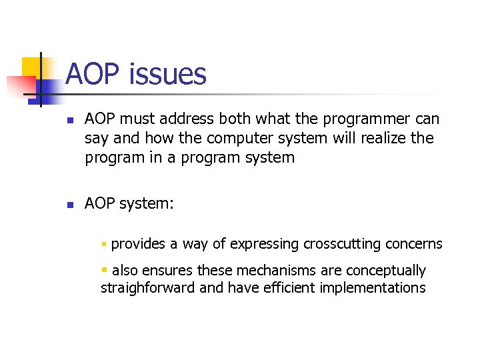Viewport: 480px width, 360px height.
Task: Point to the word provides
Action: [138, 244]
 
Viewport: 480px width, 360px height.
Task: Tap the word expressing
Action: [265, 245]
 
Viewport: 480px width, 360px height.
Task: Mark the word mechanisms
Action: [262, 271]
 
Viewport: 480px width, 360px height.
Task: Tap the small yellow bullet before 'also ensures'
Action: [104, 270]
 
